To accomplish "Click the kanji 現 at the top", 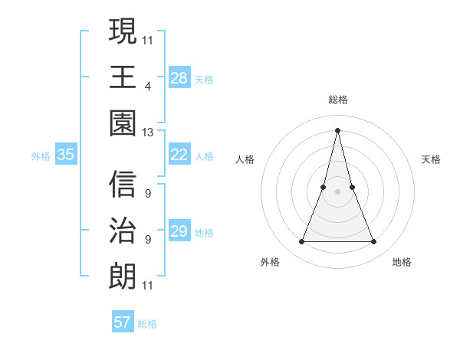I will pyautogui.click(x=123, y=32).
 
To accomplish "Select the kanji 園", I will pyautogui.click(x=123, y=122).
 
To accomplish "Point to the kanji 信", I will pyautogui.click(x=123, y=185).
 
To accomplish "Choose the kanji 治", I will pyautogui.click(x=123, y=230).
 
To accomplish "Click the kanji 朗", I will pyautogui.click(x=123, y=274).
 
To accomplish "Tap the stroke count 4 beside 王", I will pyautogui.click(x=147, y=86).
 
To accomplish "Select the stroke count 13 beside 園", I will pyautogui.click(x=148, y=132).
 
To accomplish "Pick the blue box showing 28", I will pyautogui.click(x=179, y=77).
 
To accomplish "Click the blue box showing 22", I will pyautogui.click(x=179, y=155).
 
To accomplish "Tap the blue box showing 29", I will pyautogui.click(x=179, y=231).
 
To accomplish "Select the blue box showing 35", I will pyautogui.click(x=66, y=155).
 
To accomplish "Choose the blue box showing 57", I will pyautogui.click(x=123, y=322).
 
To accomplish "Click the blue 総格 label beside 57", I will pyautogui.click(x=147, y=324).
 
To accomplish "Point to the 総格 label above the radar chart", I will pyautogui.click(x=338, y=100).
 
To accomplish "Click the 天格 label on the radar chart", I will pyautogui.click(x=432, y=159).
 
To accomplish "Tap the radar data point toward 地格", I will pyautogui.click(x=374, y=242).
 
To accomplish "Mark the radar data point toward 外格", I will pyautogui.click(x=301, y=242).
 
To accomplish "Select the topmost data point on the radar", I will pyautogui.click(x=338, y=129).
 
